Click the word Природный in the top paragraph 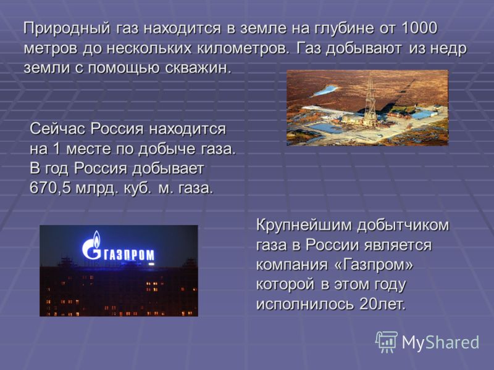[x=67, y=29]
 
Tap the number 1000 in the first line [x=419, y=28]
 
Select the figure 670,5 [x=50, y=188]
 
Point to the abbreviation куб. [x=137, y=188]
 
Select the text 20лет [x=382, y=304]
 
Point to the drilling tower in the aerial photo [x=370, y=101]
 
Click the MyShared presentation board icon [x=387, y=342]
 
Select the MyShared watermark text [x=440, y=342]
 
